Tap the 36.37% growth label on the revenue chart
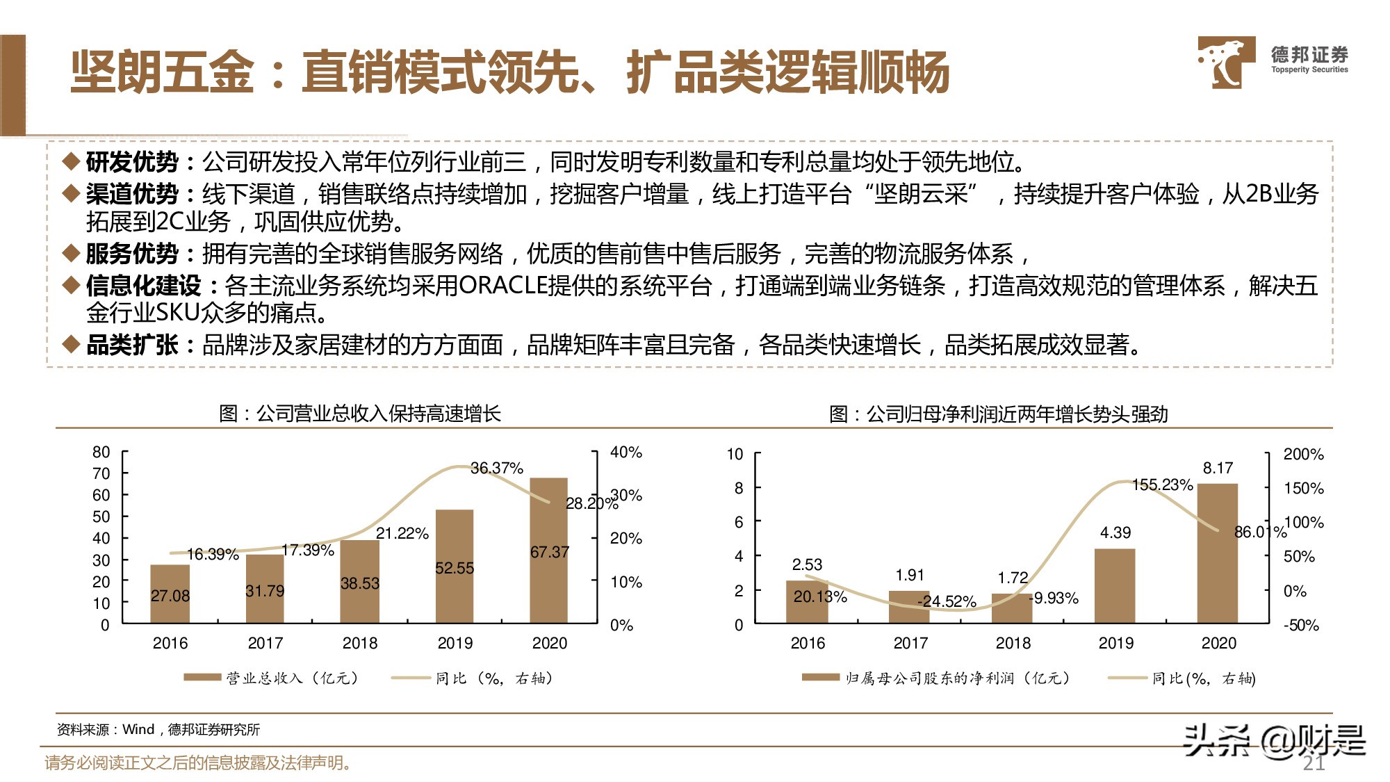pyautogui.click(x=496, y=468)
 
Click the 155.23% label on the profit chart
pyautogui.click(x=1162, y=484)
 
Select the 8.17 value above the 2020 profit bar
pyautogui.click(x=1218, y=468)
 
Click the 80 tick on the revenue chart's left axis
pyautogui.click(x=101, y=453)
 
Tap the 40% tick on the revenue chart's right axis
pyautogui.click(x=625, y=453)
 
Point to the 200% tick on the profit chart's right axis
pyautogui.click(x=1303, y=455)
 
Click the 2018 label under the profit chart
pyautogui.click(x=1013, y=643)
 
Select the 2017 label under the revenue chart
pyautogui.click(x=265, y=643)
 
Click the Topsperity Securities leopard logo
pyautogui.click(x=1225, y=63)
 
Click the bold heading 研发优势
pyautogui.click(x=132, y=162)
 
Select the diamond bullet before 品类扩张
pyautogui.click(x=71, y=344)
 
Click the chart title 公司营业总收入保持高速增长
pyautogui.click(x=379, y=414)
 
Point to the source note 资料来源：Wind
pyautogui.click(x=158, y=729)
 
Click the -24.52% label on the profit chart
pyautogui.click(x=947, y=601)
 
